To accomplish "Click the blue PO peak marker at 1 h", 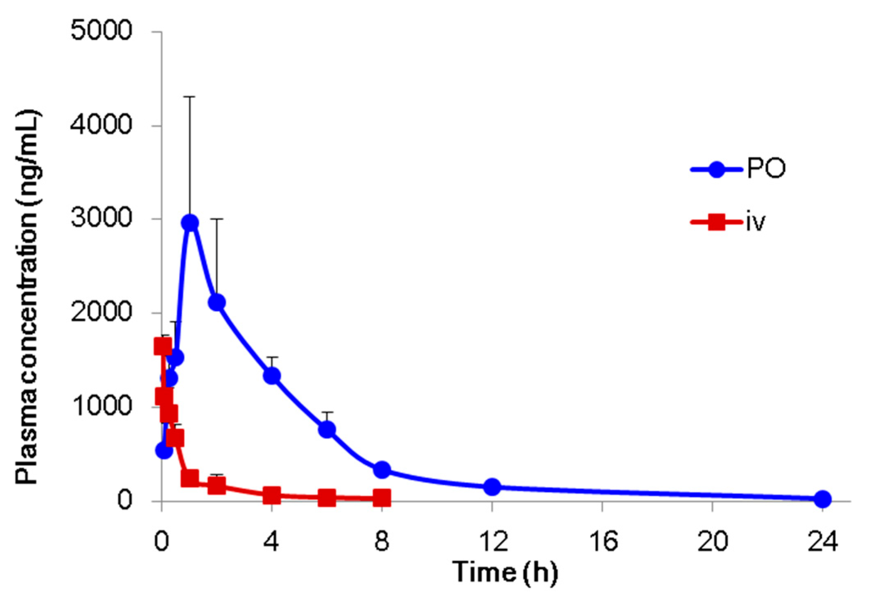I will point(190,223).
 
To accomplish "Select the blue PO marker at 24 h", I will point(823,499).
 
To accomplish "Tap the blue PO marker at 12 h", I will point(492,487).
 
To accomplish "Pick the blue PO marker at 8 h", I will point(382,469).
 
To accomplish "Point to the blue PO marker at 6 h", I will point(327,430).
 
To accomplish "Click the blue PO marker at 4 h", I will point(272,376).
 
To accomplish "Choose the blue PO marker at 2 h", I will point(217,303).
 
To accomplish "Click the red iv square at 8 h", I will point(382,498).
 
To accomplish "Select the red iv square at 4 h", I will point(272,495).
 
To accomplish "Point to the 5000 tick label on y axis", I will point(101,31).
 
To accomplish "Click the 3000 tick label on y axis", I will point(101,219).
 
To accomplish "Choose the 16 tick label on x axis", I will point(602,542).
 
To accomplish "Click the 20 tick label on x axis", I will point(713,542).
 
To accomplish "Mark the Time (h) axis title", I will point(505,572).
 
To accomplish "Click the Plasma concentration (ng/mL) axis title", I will point(28,297).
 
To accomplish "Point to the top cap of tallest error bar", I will point(190,97).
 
